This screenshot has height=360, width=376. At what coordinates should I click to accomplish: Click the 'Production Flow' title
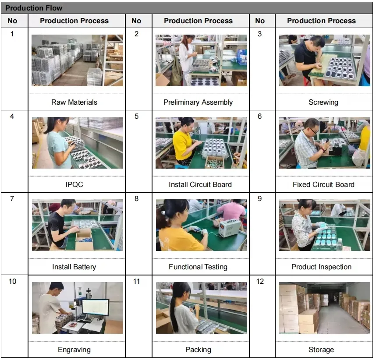34,8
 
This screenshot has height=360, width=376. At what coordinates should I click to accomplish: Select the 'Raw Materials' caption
74,102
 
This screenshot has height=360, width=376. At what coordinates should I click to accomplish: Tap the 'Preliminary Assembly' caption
198,102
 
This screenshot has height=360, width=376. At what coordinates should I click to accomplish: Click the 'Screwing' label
323,102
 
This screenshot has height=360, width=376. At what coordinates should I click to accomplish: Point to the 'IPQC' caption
74,185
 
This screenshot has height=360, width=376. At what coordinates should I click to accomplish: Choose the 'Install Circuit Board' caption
200,185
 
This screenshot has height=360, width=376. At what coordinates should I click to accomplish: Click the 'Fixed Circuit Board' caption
323,185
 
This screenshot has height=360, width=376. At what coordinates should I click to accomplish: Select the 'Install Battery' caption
74,267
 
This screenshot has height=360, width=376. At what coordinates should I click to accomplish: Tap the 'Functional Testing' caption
198,267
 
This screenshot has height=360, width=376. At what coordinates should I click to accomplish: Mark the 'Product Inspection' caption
321,267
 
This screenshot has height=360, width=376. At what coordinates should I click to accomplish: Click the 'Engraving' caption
74,350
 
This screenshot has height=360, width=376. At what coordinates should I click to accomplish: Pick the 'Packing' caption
198,350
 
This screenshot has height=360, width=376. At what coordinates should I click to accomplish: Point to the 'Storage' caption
321,350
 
